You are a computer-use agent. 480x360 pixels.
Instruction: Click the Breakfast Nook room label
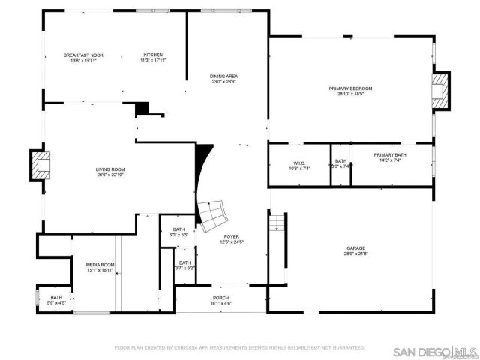click(x=83, y=55)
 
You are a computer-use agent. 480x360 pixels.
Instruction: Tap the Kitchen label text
click(x=153, y=55)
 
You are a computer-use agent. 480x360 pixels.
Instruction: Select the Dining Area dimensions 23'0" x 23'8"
click(x=224, y=82)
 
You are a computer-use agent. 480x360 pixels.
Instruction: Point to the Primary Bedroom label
click(x=350, y=88)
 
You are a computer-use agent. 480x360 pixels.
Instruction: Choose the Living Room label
click(x=109, y=169)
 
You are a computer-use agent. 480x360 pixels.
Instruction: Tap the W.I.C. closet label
click(x=298, y=163)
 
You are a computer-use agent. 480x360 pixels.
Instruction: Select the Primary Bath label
click(x=389, y=154)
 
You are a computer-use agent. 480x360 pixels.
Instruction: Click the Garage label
click(x=355, y=247)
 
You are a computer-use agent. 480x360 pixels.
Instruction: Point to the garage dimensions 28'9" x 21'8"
click(x=355, y=253)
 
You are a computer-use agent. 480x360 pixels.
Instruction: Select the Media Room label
click(x=100, y=264)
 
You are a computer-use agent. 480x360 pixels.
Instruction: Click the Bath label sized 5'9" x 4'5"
click(x=56, y=298)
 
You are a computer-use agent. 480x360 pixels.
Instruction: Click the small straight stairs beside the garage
click(x=277, y=223)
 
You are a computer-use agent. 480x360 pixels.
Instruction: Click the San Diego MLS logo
click(x=435, y=351)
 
